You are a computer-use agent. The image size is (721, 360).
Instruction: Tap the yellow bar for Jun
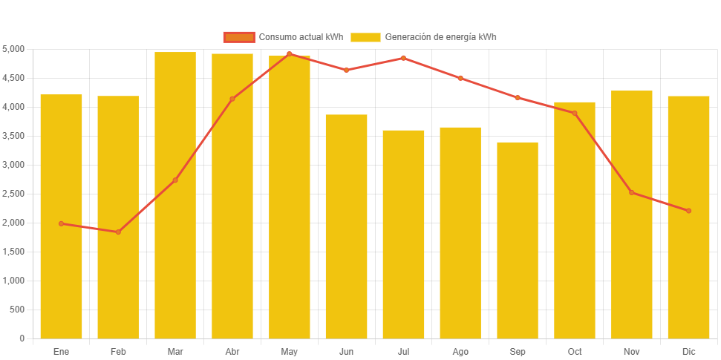pyautogui.click(x=346, y=226)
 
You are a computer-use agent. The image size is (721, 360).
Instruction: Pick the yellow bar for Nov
pyautogui.click(x=632, y=215)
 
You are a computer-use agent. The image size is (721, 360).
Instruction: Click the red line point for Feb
pyautogui.click(x=118, y=232)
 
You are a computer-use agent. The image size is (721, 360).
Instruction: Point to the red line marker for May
pyautogui.click(x=290, y=54)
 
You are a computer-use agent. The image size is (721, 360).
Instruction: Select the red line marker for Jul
pyautogui.click(x=403, y=58)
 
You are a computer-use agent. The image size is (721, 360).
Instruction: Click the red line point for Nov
pyautogui.click(x=632, y=192)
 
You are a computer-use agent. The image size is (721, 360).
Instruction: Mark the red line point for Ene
pyautogui.click(x=61, y=223)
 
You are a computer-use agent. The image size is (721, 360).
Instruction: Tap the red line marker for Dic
pyautogui.click(x=689, y=211)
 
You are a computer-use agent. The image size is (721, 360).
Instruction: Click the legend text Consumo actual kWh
pyautogui.click(x=301, y=37)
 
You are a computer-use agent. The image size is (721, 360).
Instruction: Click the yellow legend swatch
pyautogui.click(x=365, y=37)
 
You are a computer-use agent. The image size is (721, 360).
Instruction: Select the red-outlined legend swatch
pyautogui.click(x=238, y=37)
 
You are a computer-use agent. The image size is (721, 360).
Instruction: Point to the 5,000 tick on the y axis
pyautogui.click(x=13, y=49)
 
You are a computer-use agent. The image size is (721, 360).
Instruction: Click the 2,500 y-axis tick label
pyautogui.click(x=13, y=194)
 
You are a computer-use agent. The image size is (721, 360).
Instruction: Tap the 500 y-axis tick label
pyautogui.click(x=16, y=310)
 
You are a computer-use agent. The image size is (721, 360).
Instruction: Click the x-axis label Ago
pyautogui.click(x=460, y=351)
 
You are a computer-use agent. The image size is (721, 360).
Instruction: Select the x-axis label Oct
pyautogui.click(x=575, y=351)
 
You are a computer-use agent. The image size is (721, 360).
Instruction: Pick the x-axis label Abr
pyautogui.click(x=232, y=351)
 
